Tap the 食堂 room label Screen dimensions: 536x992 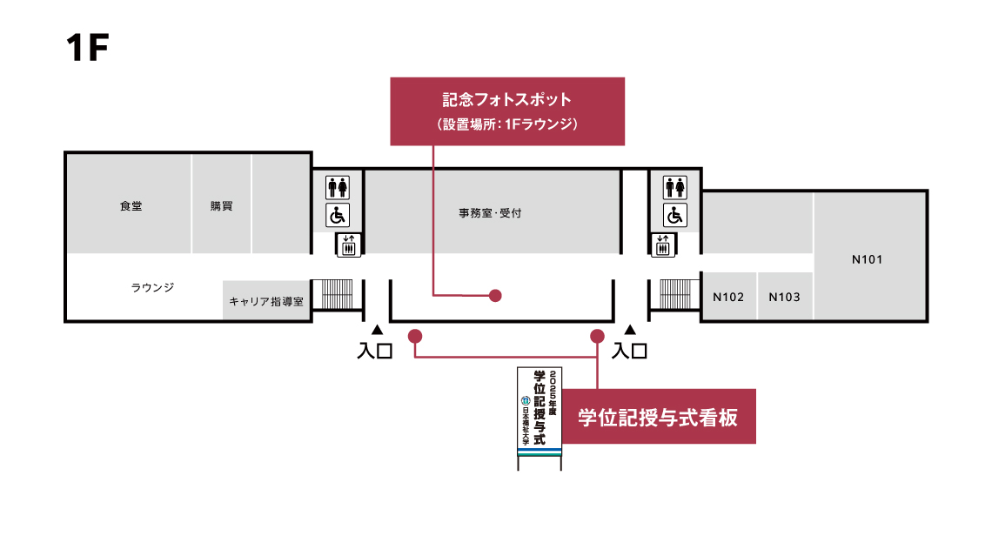click(x=131, y=206)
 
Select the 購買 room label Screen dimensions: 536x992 click(x=221, y=206)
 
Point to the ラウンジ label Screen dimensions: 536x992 click(x=153, y=287)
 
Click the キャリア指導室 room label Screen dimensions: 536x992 click(x=266, y=301)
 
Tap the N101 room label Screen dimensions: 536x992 click(x=868, y=259)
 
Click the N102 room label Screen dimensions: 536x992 click(x=728, y=297)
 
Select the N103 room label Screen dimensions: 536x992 click(x=784, y=297)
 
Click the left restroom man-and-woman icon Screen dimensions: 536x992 click(x=338, y=187)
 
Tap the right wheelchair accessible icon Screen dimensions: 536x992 click(x=675, y=215)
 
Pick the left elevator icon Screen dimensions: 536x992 click(x=348, y=245)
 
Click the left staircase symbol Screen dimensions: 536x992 click(x=338, y=293)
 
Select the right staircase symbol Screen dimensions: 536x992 click(x=675, y=293)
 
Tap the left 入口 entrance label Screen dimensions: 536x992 click(x=376, y=352)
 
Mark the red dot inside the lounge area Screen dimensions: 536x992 click(x=495, y=296)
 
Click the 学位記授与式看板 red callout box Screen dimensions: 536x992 click(x=658, y=418)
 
